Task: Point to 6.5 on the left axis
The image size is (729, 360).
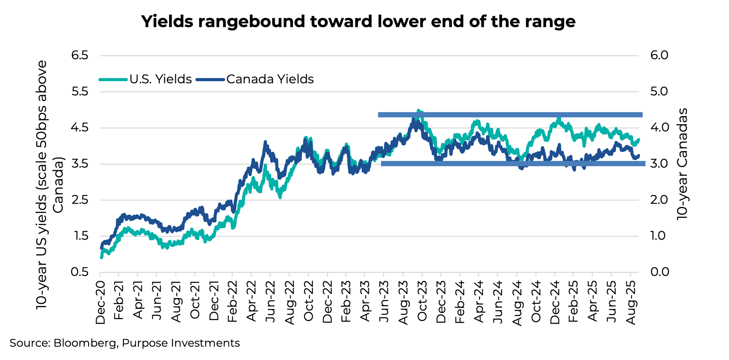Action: [80, 56]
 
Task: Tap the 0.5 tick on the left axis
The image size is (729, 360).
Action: [80, 272]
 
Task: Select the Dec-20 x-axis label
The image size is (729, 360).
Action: [100, 302]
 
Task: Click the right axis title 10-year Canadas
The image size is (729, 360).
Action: [682, 164]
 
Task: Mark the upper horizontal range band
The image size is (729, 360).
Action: [510, 115]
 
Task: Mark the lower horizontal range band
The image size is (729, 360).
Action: [510, 164]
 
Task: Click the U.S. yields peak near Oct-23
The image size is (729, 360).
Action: [418, 110]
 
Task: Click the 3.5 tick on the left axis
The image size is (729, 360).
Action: [80, 164]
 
